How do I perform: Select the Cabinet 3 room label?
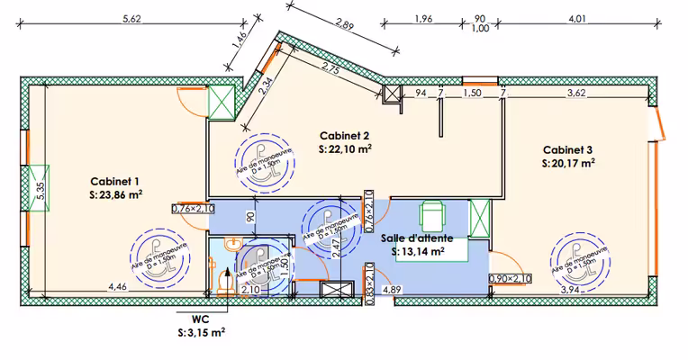568,150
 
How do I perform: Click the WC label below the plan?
201,319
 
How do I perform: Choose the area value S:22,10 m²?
346,148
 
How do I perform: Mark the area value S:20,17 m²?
568,164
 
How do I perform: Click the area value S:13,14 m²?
420,252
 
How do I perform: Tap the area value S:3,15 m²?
201,332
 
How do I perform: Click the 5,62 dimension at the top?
133,18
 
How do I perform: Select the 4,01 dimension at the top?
578,18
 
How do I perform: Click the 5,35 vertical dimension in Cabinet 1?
40,190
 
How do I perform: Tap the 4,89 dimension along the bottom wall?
392,290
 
